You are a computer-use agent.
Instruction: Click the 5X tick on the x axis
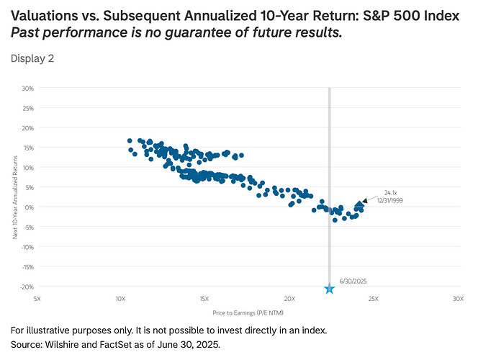(x=36, y=298)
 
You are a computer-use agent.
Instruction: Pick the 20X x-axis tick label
(x=289, y=298)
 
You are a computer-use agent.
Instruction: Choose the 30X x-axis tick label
(x=458, y=298)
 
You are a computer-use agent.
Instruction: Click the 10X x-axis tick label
(x=120, y=298)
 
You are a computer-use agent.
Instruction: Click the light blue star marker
(x=330, y=289)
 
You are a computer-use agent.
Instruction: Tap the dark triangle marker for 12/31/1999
(x=360, y=205)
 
